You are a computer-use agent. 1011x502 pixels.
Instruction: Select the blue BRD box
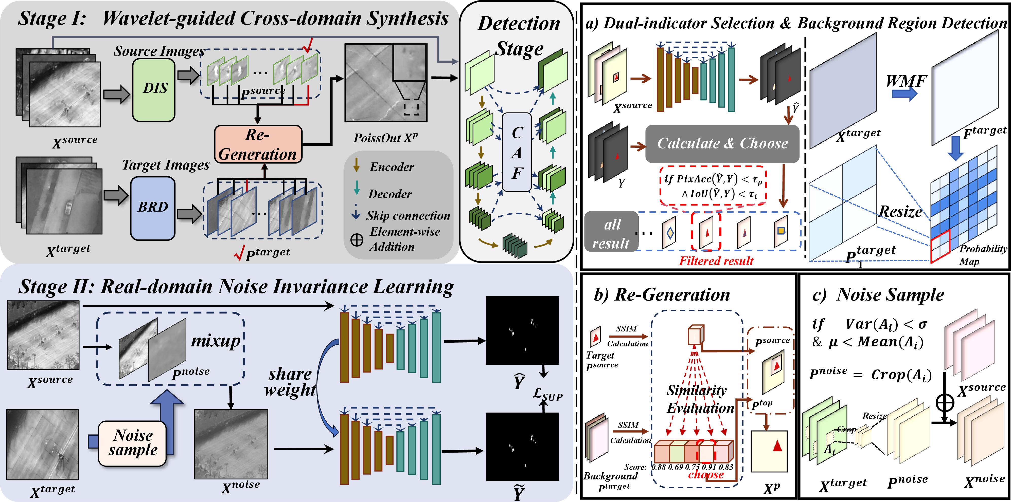pyautogui.click(x=153, y=208)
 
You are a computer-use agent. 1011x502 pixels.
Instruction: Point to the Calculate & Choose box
pyautogui.click(x=722, y=143)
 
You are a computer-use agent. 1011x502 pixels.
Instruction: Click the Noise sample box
pyautogui.click(x=133, y=443)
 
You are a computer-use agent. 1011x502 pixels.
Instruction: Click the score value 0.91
pyautogui.click(x=709, y=467)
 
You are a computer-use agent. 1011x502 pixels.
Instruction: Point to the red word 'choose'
pyautogui.click(x=706, y=475)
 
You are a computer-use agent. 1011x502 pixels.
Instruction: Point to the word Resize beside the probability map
pyautogui.click(x=900, y=212)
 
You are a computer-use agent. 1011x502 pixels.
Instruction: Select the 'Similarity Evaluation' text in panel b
pyautogui.click(x=700, y=399)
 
